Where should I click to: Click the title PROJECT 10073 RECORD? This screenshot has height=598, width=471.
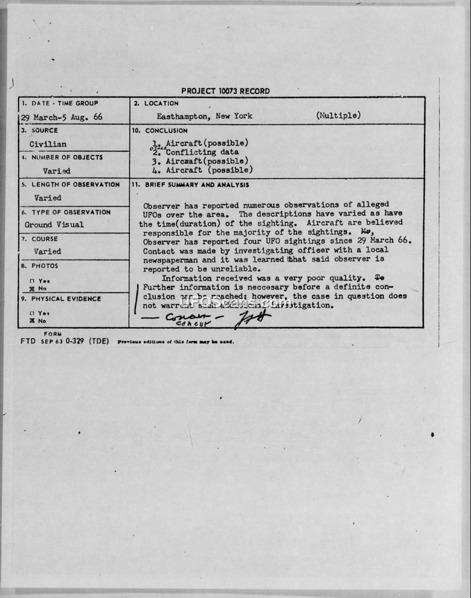[225, 91]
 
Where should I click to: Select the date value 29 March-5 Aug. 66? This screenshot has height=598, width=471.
[61, 117]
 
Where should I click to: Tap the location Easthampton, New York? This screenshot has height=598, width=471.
[204, 116]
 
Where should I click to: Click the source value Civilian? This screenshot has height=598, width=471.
[48, 144]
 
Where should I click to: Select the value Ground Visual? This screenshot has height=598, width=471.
[54, 225]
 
